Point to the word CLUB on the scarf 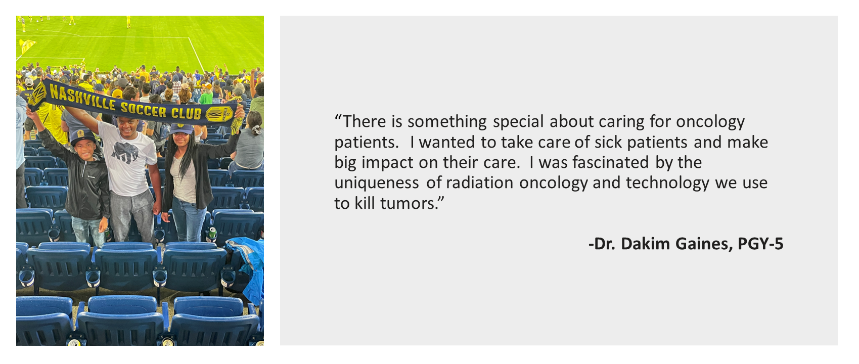[x=187, y=113]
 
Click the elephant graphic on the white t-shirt [x=125, y=153]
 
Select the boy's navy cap [x=82, y=137]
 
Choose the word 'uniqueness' [x=376, y=184]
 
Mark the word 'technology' [x=668, y=184]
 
